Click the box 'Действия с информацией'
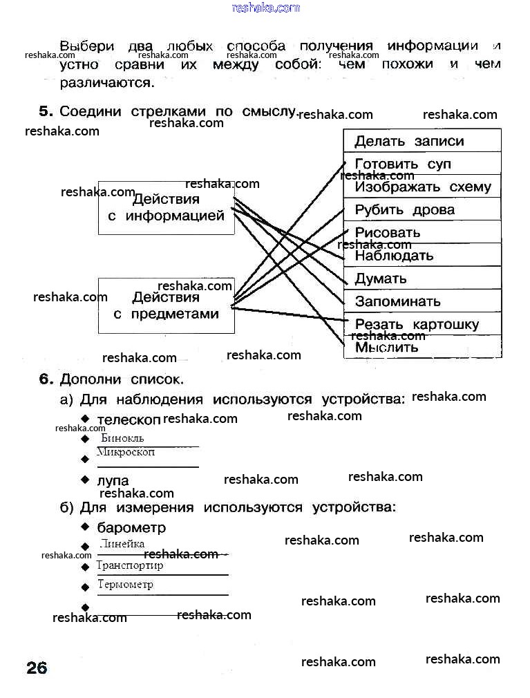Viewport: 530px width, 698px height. click(166, 207)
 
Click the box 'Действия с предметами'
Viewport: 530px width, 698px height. click(166, 305)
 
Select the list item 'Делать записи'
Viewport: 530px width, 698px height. click(409, 141)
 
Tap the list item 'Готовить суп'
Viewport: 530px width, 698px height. click(402, 164)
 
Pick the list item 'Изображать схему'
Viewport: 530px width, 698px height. click(422, 187)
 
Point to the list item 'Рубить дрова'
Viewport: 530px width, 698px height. click(404, 209)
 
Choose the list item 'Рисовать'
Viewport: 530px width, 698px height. click(387, 232)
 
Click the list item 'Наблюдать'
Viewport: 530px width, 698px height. click(394, 256)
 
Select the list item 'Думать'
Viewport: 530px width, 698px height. click(381, 279)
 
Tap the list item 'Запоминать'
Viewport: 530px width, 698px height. click(397, 301)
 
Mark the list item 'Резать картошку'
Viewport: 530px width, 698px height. click(417, 324)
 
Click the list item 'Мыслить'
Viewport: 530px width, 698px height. click(386, 347)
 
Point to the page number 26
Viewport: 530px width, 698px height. click(37, 668)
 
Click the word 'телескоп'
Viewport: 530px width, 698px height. click(129, 419)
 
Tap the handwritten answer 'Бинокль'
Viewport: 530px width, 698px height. click(122, 438)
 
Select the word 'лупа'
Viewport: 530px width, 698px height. click(113, 480)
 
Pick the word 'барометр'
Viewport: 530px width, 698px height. click(131, 528)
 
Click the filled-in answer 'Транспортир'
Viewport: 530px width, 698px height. click(130, 565)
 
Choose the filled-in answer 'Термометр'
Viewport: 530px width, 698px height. click(125, 585)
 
